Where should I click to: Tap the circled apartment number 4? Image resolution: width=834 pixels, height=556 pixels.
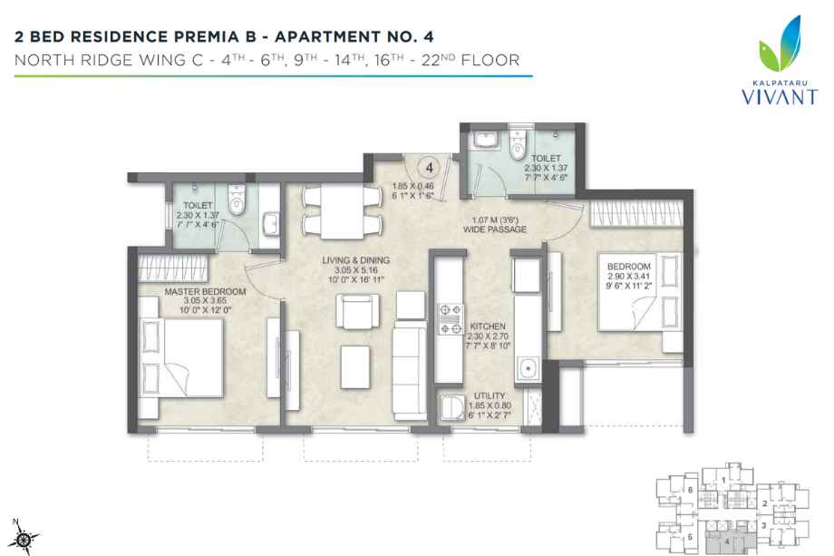click(432, 167)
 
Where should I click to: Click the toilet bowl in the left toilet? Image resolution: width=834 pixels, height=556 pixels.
click(238, 201)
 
